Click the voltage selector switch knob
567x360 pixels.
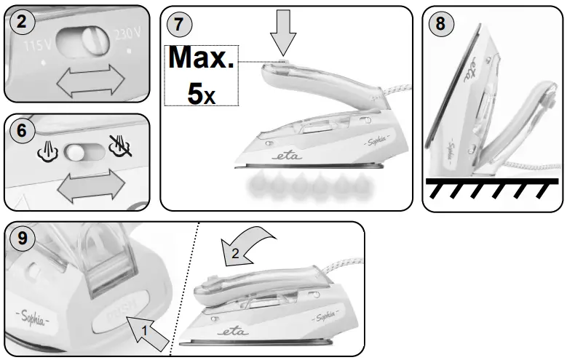92,39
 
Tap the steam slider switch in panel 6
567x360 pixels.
80,153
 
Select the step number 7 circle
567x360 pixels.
178,23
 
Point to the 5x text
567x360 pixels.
201,94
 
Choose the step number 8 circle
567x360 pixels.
440,23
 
